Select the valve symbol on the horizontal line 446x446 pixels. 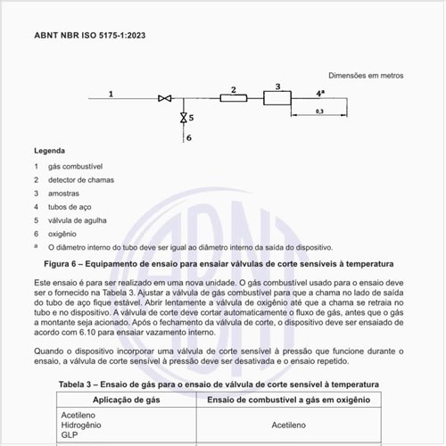coord(164,99)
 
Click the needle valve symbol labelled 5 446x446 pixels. coord(183,117)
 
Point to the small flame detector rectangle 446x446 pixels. coord(233,98)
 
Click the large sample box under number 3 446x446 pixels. coord(277,97)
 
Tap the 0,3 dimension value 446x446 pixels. coord(319,111)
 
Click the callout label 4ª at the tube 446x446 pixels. coord(319,92)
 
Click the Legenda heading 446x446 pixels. coord(49,151)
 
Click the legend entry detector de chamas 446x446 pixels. coord(81,180)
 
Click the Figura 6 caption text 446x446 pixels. coord(219,264)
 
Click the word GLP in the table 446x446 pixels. coord(70,436)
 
